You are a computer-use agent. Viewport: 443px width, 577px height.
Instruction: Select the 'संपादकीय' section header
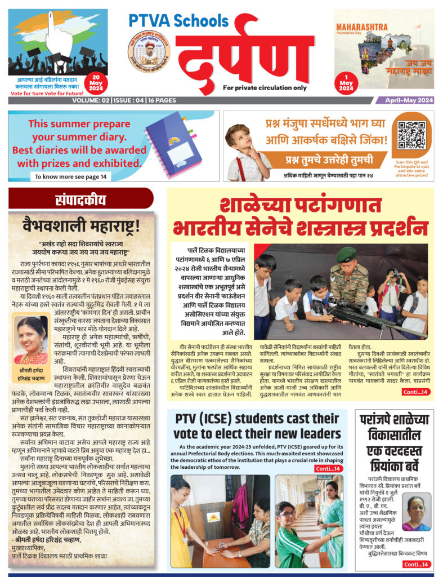tap(79, 199)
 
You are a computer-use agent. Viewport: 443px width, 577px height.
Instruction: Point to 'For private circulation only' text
tap(265, 88)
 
